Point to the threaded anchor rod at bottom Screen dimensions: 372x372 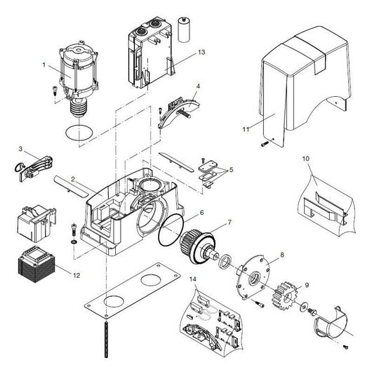tap(106, 345)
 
